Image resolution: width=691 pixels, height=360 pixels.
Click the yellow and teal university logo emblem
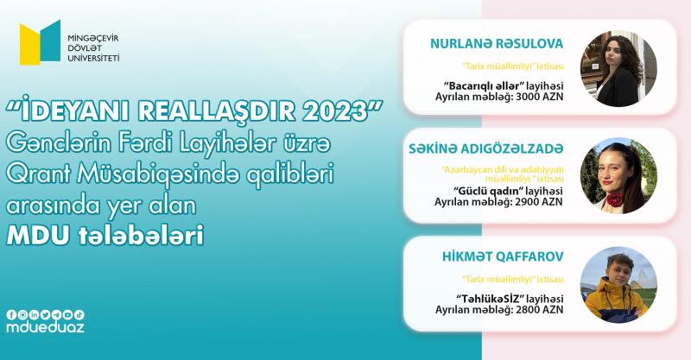click(40, 42)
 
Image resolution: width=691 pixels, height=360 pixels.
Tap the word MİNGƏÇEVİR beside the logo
click(93, 38)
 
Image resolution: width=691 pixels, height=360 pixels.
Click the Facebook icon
click(11, 314)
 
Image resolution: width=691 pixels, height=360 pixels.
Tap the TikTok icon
click(79, 314)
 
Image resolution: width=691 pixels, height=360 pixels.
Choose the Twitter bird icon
click(46, 314)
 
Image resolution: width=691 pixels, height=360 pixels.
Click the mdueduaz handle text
click(46, 327)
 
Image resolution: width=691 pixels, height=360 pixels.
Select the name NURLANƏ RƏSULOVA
click(497, 44)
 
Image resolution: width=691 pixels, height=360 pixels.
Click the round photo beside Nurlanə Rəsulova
click(618, 68)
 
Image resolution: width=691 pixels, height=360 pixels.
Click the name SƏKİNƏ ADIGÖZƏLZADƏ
click(486, 149)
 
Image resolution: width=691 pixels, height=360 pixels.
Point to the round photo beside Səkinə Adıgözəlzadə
click(618, 175)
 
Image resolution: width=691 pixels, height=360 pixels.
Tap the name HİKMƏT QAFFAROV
click(503, 256)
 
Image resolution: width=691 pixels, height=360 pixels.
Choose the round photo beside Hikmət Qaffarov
click(618, 285)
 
